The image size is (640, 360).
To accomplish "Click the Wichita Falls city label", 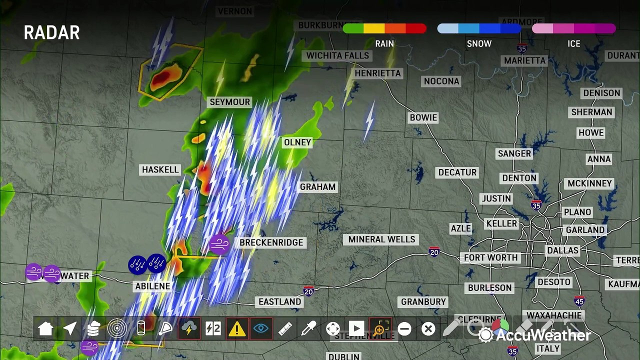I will (x=337, y=55).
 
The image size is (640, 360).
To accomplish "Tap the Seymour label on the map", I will (x=229, y=102).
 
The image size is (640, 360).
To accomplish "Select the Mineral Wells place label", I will (x=381, y=239).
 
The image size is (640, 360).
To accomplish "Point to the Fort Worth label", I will (x=490, y=258).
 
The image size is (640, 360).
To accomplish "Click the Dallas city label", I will (x=562, y=250).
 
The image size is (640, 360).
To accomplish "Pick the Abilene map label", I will (x=152, y=286).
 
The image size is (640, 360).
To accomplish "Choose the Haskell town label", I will (x=160, y=170).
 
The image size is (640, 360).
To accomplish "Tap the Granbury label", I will (x=423, y=302).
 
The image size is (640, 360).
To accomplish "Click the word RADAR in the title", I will (x=51, y=33).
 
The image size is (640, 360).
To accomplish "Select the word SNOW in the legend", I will (x=479, y=44).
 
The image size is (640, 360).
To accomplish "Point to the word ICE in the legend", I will (x=573, y=44).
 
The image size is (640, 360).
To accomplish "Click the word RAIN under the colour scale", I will (x=384, y=44).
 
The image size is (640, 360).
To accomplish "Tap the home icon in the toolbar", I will (x=45, y=328).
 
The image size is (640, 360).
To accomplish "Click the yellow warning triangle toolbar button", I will (x=237, y=328).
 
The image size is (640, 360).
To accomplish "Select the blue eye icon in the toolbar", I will (x=260, y=328).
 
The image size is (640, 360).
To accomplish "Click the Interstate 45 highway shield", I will (x=579, y=301).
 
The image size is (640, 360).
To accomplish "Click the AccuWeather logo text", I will (x=542, y=335).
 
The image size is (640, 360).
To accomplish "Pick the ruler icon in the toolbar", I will (x=285, y=328).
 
